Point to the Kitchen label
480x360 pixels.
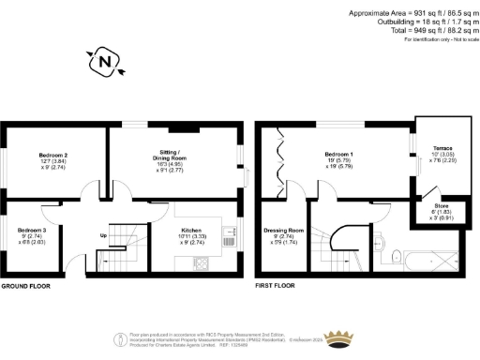pyautogui.click(x=191, y=229)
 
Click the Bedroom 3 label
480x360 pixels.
pyautogui.click(x=33, y=230)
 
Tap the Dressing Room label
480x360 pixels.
pyautogui.click(x=284, y=230)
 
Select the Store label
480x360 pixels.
pyautogui.click(x=441, y=205)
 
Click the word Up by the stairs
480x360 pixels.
pyautogui.click(x=102, y=236)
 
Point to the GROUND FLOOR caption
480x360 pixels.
pyautogui.click(x=24, y=285)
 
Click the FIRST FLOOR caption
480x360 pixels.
pyautogui.click(x=276, y=285)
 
